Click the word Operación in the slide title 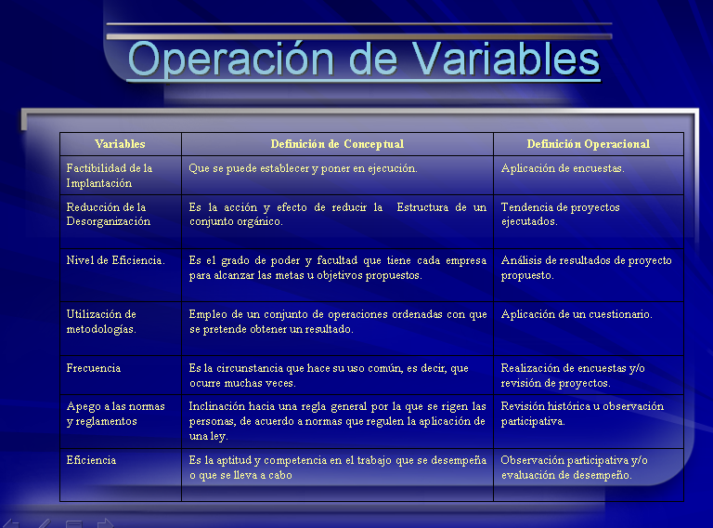point(231,59)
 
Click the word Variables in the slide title point(506,59)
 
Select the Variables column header point(120,144)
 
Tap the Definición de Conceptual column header point(337,144)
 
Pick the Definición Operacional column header point(588,144)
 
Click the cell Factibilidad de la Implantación point(110,176)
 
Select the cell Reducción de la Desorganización point(109,215)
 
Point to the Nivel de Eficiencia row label point(115,260)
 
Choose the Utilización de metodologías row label point(101,322)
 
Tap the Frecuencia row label point(94,368)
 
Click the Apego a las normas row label point(115,414)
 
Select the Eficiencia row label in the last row point(91,460)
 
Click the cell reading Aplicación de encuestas point(563,168)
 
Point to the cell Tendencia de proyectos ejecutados point(560,215)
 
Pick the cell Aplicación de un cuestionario point(577,314)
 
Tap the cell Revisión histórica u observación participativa point(582,414)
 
